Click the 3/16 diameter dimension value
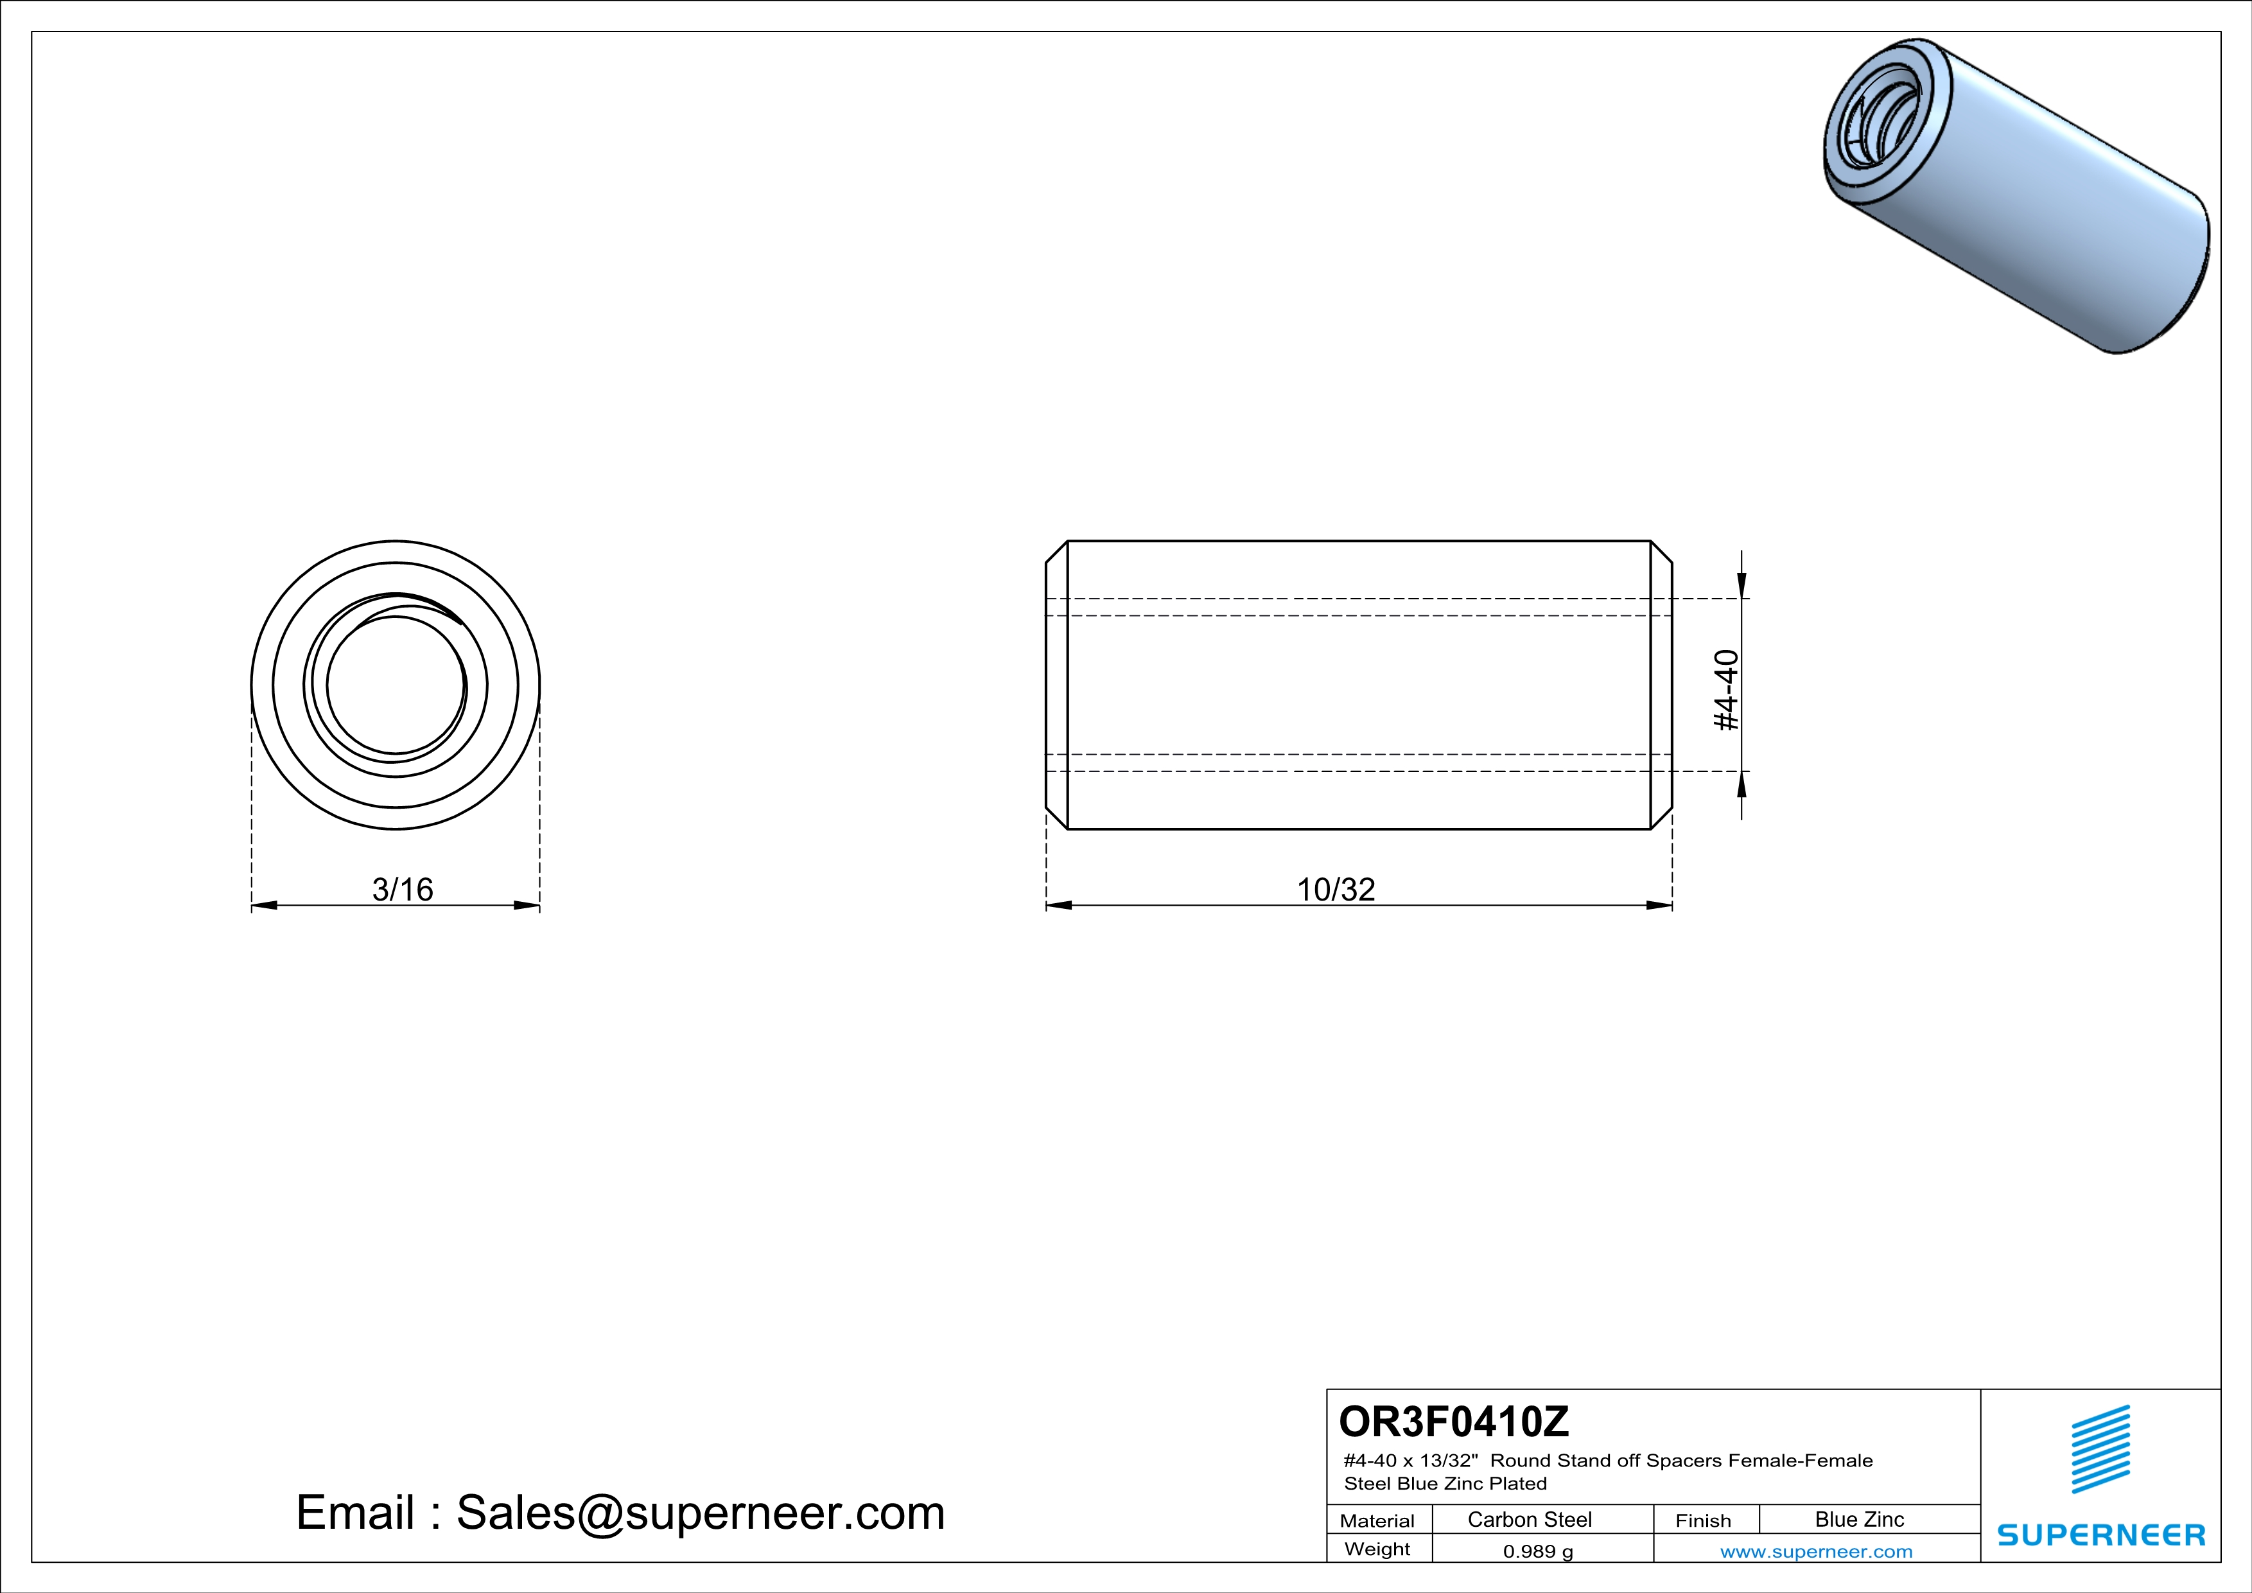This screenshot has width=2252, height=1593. (402, 889)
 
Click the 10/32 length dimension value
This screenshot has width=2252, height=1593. (1336, 889)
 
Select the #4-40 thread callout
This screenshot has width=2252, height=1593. (1726, 690)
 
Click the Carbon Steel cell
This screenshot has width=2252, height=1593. (1529, 1519)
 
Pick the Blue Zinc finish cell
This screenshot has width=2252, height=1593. (1858, 1519)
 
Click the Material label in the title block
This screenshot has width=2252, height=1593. (1377, 1520)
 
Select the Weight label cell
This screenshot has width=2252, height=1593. (1377, 1549)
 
